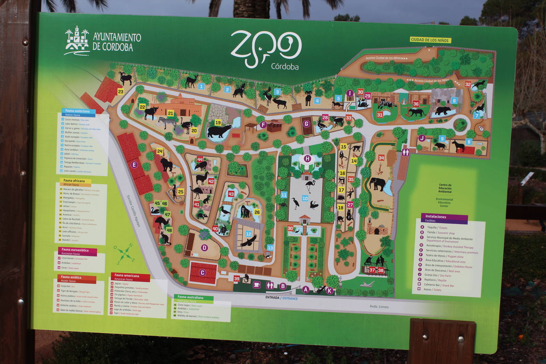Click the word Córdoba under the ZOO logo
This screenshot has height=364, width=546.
(285, 67)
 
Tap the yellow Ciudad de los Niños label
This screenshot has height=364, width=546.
(430, 40)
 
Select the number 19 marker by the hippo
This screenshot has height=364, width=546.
(218, 122)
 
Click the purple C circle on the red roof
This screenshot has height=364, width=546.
(202, 273)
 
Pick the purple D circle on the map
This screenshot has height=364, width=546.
(204, 248)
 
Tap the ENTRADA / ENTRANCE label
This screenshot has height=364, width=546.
(282, 298)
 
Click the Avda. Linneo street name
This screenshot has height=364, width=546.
(379, 306)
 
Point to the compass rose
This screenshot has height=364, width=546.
(125, 253)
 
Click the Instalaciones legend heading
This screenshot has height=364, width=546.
(436, 217)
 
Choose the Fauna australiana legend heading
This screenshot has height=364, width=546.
(190, 297)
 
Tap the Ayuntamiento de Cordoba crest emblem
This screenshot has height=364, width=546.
(77, 40)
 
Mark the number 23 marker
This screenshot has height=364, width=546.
(120, 91)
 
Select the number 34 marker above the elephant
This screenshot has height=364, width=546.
(381, 158)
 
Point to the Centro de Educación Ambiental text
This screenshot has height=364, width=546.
(445, 188)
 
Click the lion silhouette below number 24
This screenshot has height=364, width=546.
(167, 165)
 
